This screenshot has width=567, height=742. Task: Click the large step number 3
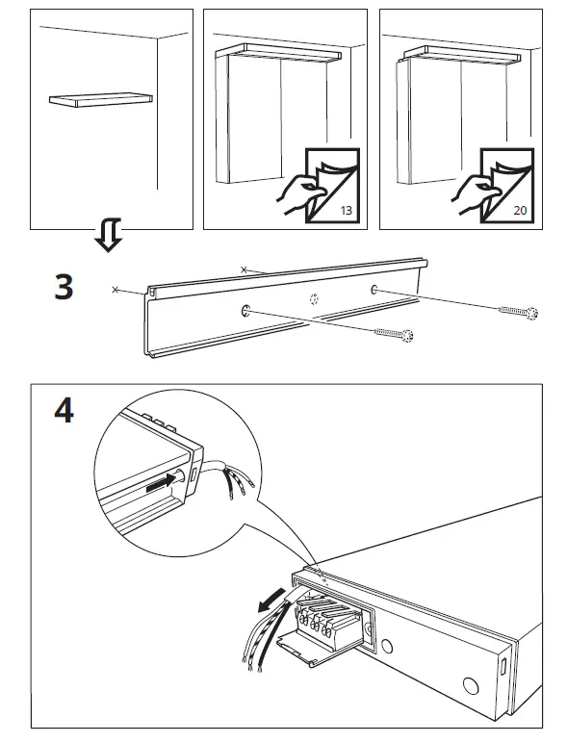[64, 287]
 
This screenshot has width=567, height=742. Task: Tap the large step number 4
[63, 411]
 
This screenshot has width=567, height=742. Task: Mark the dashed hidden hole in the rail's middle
[313, 300]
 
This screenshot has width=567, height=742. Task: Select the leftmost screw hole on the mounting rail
[245, 310]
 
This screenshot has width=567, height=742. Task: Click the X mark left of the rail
[116, 288]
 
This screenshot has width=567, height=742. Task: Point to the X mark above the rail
[245, 269]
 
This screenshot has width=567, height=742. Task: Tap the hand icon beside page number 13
[298, 192]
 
